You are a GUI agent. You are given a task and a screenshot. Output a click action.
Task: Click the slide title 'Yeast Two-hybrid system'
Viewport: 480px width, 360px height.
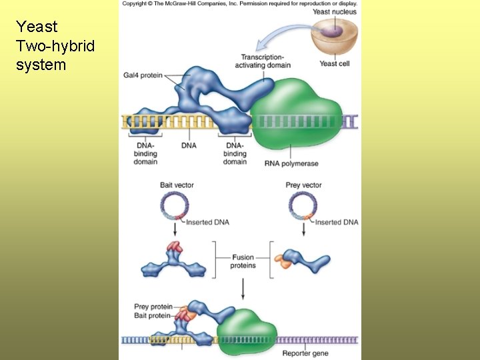coord(56,45)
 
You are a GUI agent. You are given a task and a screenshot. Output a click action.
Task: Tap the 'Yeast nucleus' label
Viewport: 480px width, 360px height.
coord(334,11)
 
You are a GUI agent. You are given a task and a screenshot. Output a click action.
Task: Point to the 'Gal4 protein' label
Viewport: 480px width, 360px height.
coord(143,75)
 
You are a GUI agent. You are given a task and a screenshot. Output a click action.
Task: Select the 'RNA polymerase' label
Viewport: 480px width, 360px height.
coord(291,163)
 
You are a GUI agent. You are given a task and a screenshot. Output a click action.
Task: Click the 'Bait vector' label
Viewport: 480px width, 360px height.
coord(177,185)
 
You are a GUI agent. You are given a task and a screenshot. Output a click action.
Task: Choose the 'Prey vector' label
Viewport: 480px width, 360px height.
coord(303,185)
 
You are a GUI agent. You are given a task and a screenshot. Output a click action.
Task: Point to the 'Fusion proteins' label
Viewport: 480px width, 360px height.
coord(243,261)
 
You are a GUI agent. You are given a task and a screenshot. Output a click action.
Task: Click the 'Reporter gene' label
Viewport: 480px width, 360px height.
coord(306,353)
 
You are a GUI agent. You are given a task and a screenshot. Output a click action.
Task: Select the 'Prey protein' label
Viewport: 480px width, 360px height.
coord(153,307)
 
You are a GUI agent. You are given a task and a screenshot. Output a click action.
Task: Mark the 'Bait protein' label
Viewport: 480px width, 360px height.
coord(153,315)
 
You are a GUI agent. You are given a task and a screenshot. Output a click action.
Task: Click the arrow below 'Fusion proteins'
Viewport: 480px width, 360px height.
coord(243,287)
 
